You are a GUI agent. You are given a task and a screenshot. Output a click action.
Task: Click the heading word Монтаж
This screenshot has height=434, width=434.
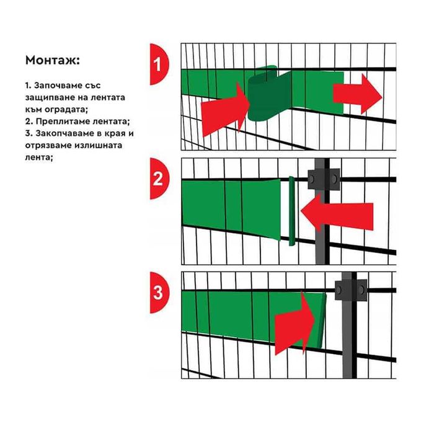pyautogui.click(x=53, y=61)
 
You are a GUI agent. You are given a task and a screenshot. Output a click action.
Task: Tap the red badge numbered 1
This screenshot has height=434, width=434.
pyautogui.click(x=158, y=63)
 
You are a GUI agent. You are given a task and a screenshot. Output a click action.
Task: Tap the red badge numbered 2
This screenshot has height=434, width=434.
pyautogui.click(x=158, y=179)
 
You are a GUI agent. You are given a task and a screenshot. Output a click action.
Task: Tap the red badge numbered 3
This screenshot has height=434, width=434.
pyautogui.click(x=158, y=291)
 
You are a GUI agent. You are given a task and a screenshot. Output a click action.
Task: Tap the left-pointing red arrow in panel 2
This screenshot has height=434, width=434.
pyautogui.click(x=337, y=215)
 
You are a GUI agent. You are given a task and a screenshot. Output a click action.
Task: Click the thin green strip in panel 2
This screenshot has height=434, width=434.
pyautogui.click(x=290, y=211)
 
